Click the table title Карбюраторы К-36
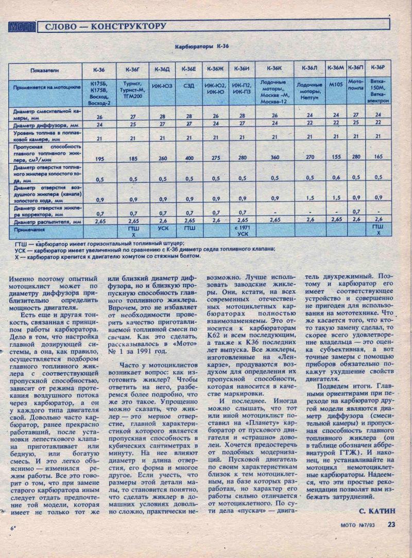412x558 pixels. [202, 46]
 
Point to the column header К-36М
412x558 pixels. [335, 68]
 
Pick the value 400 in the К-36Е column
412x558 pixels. [189, 159]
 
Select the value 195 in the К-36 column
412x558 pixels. [99, 159]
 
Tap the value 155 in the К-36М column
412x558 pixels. [336, 156]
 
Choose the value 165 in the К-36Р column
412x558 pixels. [378, 156]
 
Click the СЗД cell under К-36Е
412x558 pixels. [189, 86]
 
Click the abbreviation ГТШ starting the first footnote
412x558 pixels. [21, 243]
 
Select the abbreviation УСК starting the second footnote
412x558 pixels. [21, 249]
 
